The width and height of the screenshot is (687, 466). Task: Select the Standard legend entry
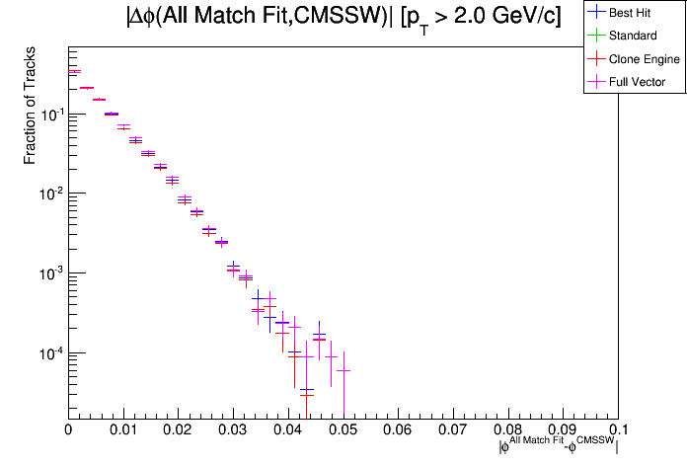632,37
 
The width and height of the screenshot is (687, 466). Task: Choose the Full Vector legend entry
637,82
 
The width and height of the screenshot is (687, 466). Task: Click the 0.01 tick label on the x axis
122,430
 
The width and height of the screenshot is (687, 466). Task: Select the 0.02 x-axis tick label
178,430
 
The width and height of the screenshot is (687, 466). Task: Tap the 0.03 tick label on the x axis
233,430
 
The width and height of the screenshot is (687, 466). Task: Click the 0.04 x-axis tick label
288,430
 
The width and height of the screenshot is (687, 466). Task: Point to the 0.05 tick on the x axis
343,430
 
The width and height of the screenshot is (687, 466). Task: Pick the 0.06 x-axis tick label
398,430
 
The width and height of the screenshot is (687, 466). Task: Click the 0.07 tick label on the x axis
453,430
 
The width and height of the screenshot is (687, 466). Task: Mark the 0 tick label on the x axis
68,430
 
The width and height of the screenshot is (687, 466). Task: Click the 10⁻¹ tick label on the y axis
50,114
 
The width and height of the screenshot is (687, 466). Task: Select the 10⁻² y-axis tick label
50,194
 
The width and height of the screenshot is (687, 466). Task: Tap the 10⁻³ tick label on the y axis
50,273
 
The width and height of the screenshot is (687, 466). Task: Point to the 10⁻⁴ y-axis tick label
50,353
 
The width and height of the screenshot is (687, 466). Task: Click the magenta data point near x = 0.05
343,370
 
